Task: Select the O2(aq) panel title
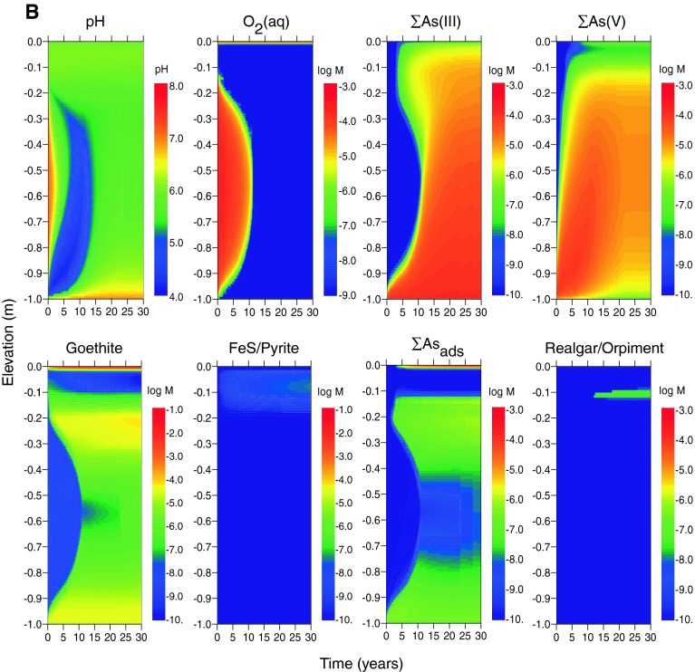click(264, 19)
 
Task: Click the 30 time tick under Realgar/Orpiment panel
click(649, 637)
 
